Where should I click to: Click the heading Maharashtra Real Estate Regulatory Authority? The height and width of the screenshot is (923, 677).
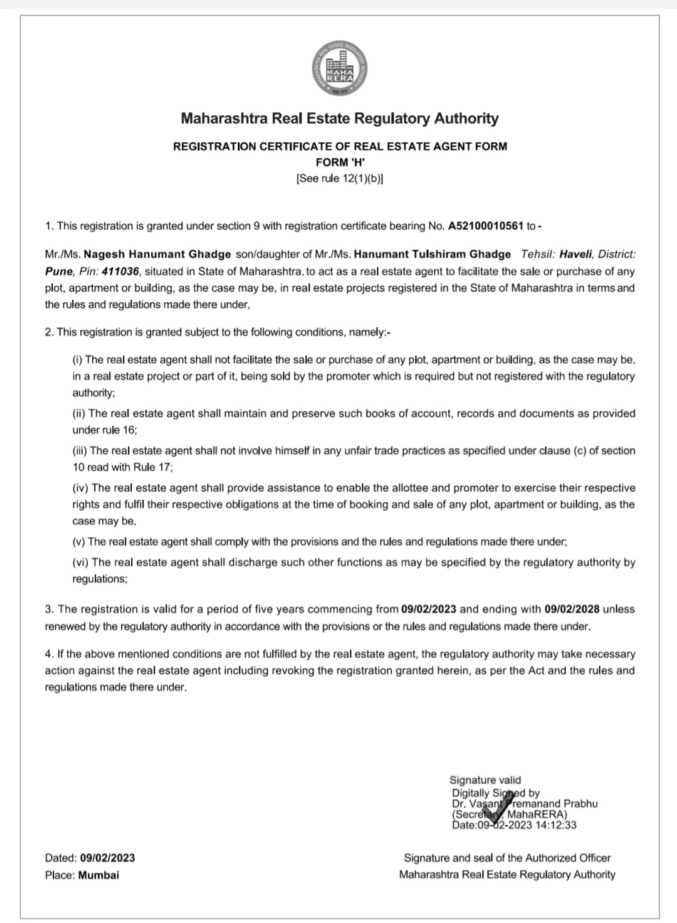pyautogui.click(x=339, y=119)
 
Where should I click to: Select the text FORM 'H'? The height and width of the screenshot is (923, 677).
pyautogui.click(x=339, y=162)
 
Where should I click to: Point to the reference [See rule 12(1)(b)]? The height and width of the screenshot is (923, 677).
pyautogui.click(x=339, y=178)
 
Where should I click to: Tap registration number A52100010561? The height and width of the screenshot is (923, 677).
pyautogui.click(x=485, y=226)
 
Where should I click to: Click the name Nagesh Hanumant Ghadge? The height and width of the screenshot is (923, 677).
pyautogui.click(x=157, y=255)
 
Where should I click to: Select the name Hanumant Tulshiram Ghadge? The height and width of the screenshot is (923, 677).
pyautogui.click(x=433, y=255)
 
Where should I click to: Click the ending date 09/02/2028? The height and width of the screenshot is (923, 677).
pyautogui.click(x=572, y=609)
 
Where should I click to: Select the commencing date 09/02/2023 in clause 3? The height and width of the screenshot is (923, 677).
pyautogui.click(x=429, y=609)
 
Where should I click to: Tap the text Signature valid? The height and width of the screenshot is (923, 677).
pyautogui.click(x=485, y=780)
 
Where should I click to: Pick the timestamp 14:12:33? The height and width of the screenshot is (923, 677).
pyautogui.click(x=555, y=825)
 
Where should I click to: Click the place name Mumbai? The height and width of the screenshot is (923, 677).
pyautogui.click(x=98, y=875)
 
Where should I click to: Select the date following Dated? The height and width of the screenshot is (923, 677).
pyautogui.click(x=107, y=858)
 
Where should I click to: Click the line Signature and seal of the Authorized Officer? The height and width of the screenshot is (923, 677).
pyautogui.click(x=507, y=858)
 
